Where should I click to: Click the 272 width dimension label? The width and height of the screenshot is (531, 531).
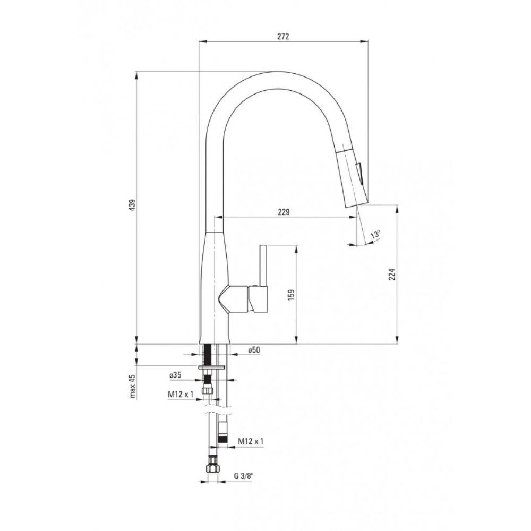(x=283, y=37)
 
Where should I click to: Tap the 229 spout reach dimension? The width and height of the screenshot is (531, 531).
(x=284, y=212)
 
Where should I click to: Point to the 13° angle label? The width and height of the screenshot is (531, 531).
(x=375, y=234)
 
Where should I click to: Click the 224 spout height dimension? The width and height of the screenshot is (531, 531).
(x=392, y=275)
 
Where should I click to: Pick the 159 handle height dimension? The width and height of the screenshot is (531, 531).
(x=291, y=295)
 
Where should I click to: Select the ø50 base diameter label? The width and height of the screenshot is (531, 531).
(x=254, y=350)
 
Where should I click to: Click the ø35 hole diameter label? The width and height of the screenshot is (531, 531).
(x=175, y=375)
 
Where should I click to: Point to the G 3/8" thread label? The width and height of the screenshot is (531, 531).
(x=244, y=475)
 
